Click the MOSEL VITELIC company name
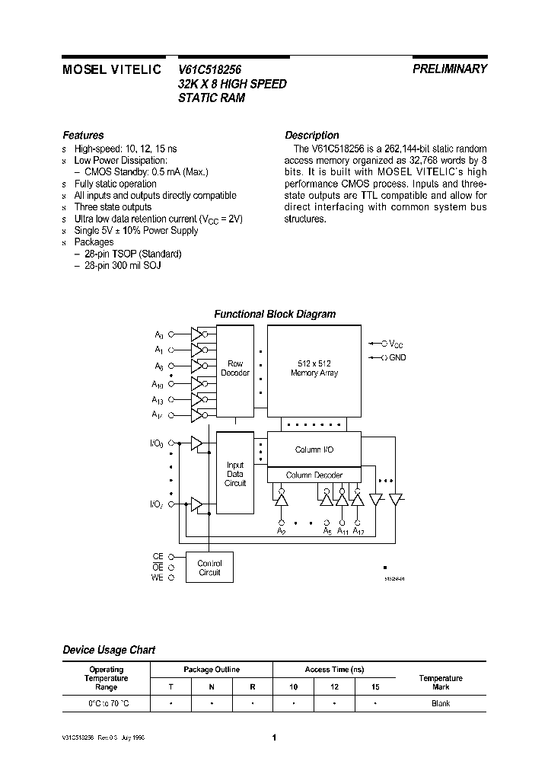tap(111, 69)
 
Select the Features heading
tap(83, 135)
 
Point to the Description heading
tap(311, 135)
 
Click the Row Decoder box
tap(235, 368)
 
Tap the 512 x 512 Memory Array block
tap(314, 368)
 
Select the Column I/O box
tap(314, 449)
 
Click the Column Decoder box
tap(314, 475)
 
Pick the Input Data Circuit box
tap(235, 474)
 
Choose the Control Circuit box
tap(209, 567)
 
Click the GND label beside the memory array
tap(397, 357)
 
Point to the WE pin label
tap(158, 578)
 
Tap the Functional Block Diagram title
tap(274, 314)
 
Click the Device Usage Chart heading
tap(108, 650)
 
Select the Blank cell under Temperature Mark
tap(440, 703)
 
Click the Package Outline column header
tap(212, 670)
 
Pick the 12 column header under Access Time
tap(334, 687)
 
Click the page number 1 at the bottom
tap(273, 737)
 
